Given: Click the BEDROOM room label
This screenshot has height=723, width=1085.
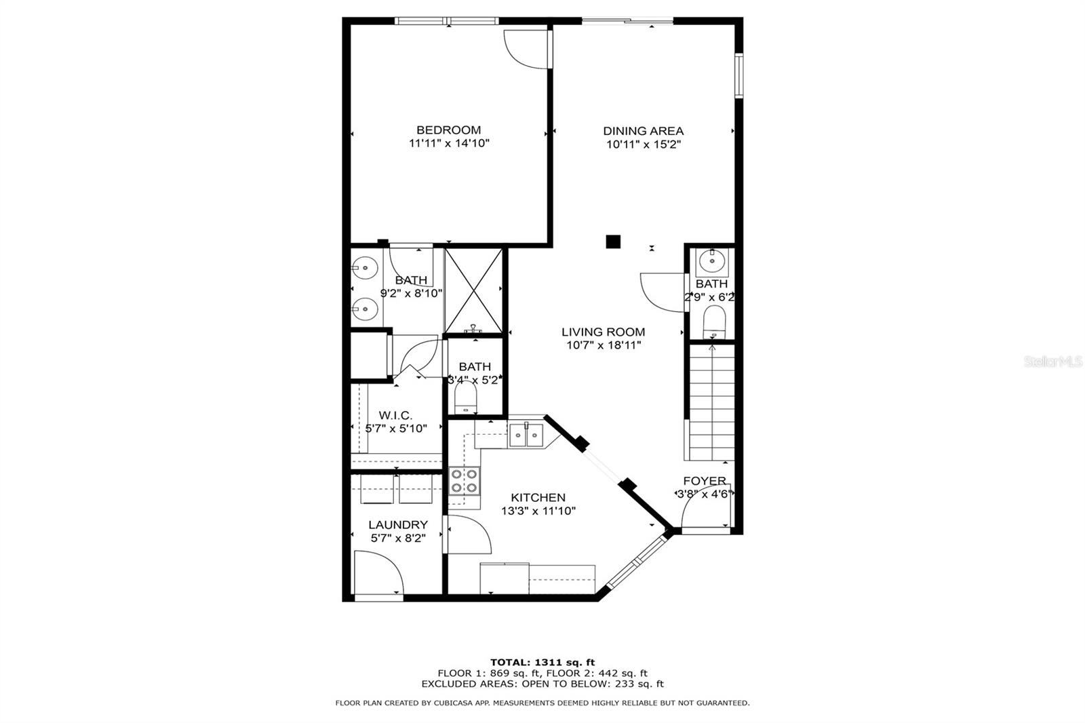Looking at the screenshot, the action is click(x=448, y=130).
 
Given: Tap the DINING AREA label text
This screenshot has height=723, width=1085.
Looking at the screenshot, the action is click(x=644, y=131).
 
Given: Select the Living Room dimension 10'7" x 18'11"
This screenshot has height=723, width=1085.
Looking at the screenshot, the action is click(x=604, y=345).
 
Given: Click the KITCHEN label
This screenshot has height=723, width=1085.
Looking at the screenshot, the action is click(x=538, y=498).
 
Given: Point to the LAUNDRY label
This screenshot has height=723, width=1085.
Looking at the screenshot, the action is click(x=398, y=525).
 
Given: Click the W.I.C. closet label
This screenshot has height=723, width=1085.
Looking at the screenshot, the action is click(x=396, y=415).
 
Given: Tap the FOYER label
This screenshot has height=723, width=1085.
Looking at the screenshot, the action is click(x=705, y=481).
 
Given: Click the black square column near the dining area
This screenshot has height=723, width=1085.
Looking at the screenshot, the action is click(x=613, y=241).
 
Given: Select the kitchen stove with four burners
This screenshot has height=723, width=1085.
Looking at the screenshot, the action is click(x=465, y=481).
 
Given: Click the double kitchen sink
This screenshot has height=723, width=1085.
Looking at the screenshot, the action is click(x=526, y=435).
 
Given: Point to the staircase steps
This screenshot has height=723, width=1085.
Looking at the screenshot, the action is click(x=711, y=402).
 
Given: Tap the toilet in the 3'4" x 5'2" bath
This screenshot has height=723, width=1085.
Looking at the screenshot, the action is click(x=466, y=397).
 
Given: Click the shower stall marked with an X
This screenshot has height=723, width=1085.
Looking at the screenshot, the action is click(x=473, y=291).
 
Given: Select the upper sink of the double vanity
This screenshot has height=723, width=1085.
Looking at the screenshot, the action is click(x=364, y=268).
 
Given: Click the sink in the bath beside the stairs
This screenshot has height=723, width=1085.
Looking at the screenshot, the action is click(x=712, y=262).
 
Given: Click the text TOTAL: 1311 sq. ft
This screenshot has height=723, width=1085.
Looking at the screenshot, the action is click(x=542, y=663).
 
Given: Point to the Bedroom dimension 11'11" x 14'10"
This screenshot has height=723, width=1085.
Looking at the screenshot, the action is click(x=449, y=143).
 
